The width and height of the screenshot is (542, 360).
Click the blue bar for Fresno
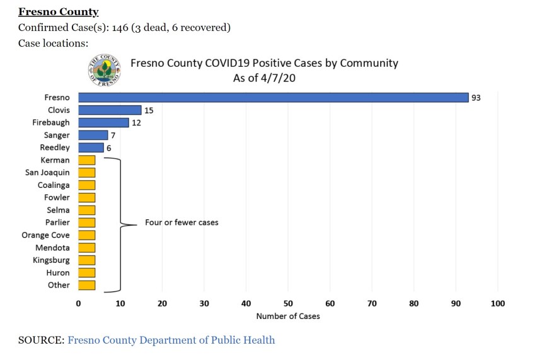273,98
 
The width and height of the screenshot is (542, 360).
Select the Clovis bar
110,110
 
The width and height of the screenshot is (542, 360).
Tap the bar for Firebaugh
103,123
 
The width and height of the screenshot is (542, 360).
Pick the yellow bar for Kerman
87,160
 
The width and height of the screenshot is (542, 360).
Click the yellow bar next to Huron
87,273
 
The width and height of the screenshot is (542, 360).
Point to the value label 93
476,98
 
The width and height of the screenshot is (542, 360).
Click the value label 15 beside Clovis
149,110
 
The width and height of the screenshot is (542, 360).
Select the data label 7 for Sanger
113,136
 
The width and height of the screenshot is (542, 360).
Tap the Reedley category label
55,148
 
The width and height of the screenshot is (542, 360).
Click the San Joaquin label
47,173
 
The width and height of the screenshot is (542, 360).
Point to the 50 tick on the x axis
288,303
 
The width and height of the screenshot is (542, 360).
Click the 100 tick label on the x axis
498,303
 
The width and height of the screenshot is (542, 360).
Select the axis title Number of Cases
288,316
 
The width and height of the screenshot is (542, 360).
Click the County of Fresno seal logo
105,71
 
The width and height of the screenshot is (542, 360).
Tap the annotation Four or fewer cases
182,223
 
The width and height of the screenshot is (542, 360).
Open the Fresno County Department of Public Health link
171,340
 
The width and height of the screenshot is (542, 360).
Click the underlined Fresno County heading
59,12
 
